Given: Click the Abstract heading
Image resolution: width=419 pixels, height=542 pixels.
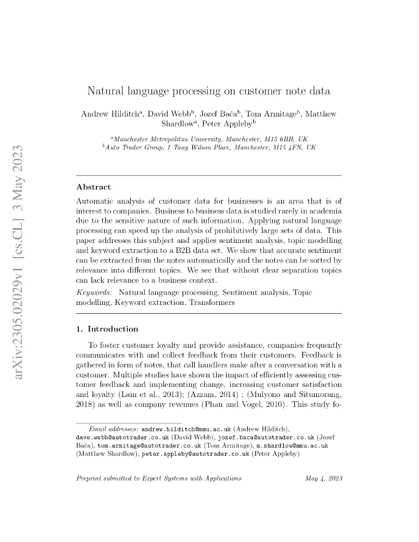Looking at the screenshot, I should coord(94,187).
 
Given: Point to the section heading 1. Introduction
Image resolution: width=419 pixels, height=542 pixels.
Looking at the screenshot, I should coord(108,329).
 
